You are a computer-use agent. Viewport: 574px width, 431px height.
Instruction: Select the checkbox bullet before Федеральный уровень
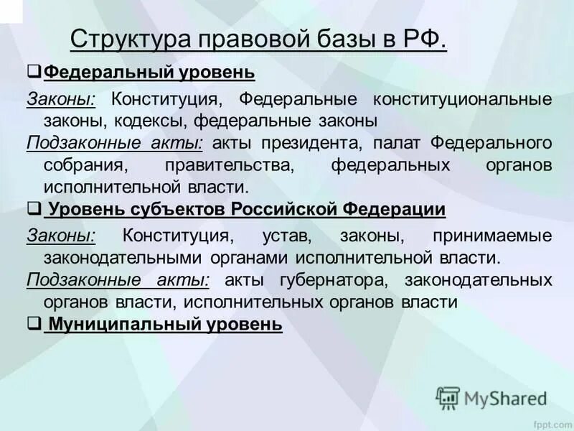tap(34, 72)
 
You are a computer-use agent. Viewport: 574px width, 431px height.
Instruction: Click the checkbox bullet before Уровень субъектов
tap(34, 208)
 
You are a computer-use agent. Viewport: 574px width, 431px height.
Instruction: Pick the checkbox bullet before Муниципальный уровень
tap(34, 324)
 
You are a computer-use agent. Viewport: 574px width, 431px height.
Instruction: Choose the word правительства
tap(230, 165)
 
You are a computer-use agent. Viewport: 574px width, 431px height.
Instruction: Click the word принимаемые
tap(492, 235)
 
